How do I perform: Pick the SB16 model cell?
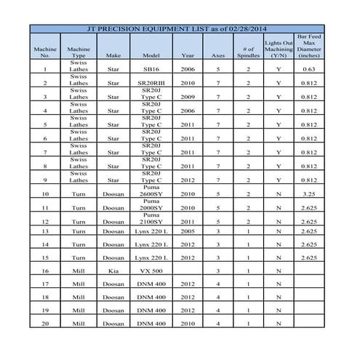tap(151, 69)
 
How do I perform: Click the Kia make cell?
tap(113, 270)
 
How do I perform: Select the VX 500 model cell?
tap(151, 270)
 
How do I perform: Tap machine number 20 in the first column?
tap(46, 322)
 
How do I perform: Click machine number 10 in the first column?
tap(46, 194)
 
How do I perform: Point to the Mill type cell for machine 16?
tap(78, 270)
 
